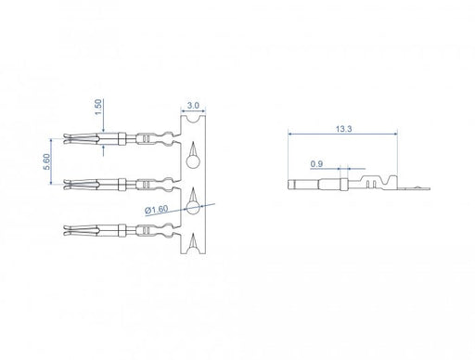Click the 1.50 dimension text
(97, 108)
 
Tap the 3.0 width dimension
(192, 107)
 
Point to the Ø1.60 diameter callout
(157, 211)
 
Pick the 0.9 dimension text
(317, 164)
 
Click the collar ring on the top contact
(123, 141)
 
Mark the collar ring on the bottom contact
(123, 227)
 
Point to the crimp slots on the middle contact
(147, 184)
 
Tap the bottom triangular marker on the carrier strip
(192, 243)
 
